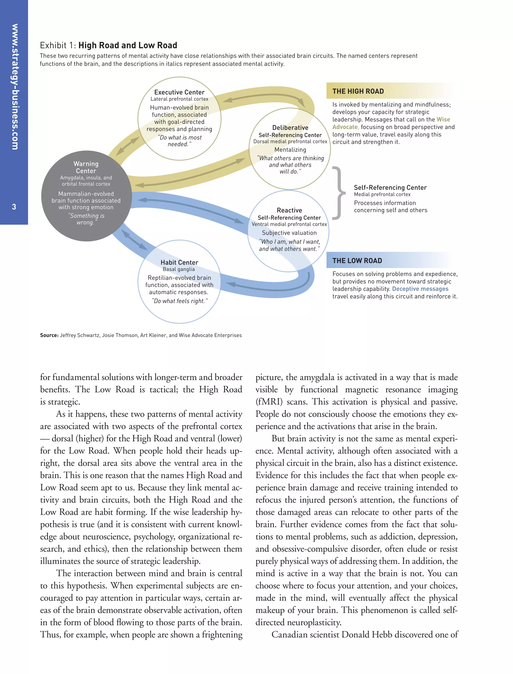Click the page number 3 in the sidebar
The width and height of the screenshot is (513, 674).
pyautogui.click(x=14, y=207)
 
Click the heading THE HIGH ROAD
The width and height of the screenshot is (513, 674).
pyautogui.click(x=358, y=91)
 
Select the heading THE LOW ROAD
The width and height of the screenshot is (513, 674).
pyautogui.click(x=357, y=261)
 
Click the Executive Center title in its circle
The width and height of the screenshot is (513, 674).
pyautogui.click(x=179, y=92)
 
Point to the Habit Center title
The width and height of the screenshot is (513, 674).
pyautogui.click(x=179, y=263)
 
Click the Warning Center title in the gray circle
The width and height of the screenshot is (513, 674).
pyautogui.click(x=86, y=167)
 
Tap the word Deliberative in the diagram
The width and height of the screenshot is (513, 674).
pyautogui.click(x=290, y=128)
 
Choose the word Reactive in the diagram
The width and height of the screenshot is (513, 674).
pyautogui.click(x=289, y=210)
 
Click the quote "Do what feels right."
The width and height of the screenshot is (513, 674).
pyautogui.click(x=179, y=301)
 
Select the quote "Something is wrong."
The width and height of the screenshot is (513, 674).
pyautogui.click(x=86, y=219)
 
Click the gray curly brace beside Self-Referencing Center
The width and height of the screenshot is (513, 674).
pyautogui.click(x=338, y=193)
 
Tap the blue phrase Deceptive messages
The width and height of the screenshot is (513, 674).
pyautogui.click(x=420, y=289)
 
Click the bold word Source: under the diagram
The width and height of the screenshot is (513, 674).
pyautogui.click(x=49, y=335)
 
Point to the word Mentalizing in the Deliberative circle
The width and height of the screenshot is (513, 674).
pyautogui.click(x=290, y=150)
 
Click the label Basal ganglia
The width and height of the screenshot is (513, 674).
pyautogui.click(x=179, y=269)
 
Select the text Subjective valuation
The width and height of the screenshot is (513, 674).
pyautogui.click(x=289, y=233)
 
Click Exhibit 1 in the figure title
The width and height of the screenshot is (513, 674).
pyautogui.click(x=57, y=46)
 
